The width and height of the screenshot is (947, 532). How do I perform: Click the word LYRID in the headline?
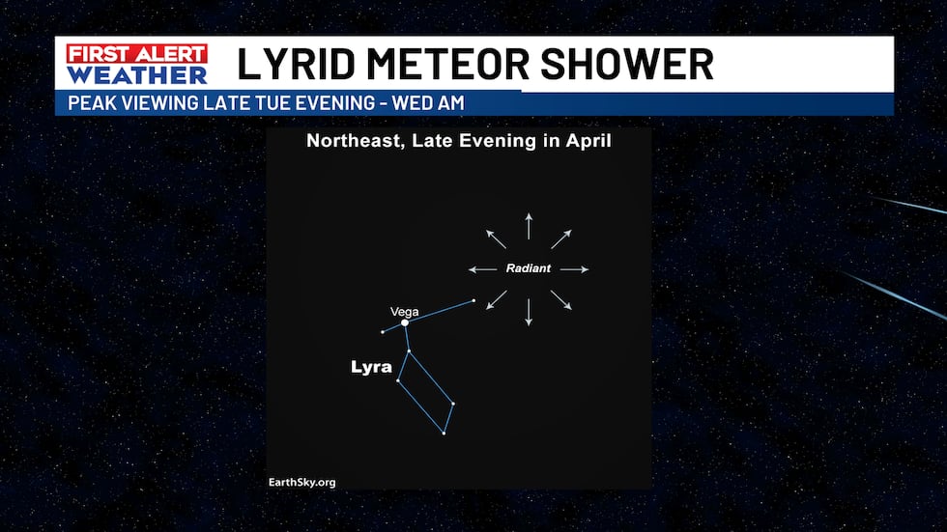point(296,64)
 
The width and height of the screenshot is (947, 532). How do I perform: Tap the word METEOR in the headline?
point(447,64)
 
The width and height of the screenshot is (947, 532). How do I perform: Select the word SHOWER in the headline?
point(627,64)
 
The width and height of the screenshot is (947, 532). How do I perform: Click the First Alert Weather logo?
point(137,64)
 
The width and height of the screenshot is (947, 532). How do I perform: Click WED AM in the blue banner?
point(427,103)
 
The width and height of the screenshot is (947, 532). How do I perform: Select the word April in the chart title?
point(588,141)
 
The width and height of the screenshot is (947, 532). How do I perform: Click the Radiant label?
point(529,268)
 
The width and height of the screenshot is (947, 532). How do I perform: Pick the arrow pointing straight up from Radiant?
point(530,226)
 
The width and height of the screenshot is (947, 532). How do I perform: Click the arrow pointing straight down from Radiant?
point(530,313)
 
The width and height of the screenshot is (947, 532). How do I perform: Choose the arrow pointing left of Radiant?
point(482,269)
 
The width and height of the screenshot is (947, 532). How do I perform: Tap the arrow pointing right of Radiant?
point(574,269)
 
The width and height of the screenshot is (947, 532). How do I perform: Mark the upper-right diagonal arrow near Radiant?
point(561,238)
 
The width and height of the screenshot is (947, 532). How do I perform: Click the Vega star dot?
point(405,322)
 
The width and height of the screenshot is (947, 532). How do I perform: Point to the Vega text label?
point(405,312)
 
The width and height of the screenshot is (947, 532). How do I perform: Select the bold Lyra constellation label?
point(371,367)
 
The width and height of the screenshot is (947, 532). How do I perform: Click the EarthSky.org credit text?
point(301,482)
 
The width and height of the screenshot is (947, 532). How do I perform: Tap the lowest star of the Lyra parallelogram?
point(444,434)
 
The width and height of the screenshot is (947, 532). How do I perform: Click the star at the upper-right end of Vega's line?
point(473,300)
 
